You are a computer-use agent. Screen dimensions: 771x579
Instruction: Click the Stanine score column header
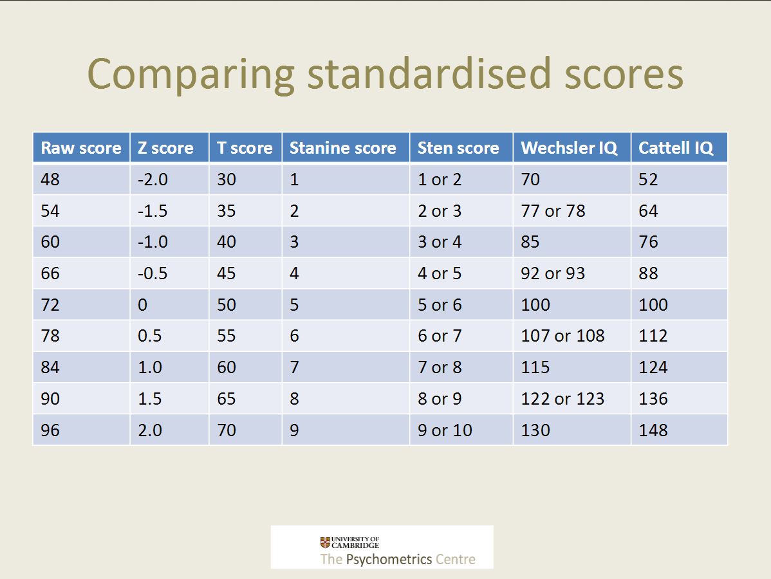coord(343,148)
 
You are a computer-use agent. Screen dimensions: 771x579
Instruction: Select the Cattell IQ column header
coord(676,148)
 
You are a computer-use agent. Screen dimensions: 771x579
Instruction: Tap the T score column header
coord(245,148)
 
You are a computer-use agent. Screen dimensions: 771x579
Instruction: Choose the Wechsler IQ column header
coord(569,148)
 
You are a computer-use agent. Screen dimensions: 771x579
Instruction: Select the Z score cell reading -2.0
coord(153,179)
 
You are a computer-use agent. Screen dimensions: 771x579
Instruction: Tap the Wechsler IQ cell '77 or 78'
coord(553,211)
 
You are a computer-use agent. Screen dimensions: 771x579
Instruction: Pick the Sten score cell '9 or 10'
coord(445,430)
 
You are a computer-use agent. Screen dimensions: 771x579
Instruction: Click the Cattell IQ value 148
coord(653,430)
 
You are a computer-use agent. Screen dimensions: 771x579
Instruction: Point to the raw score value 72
coord(50,305)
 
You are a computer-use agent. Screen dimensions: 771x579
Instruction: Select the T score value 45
coord(226,273)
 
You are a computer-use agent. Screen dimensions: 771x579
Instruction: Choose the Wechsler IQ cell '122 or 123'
coord(562,399)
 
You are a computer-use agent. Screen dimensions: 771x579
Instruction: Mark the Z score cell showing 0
coord(143,305)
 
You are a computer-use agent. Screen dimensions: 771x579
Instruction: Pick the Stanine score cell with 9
coord(294,430)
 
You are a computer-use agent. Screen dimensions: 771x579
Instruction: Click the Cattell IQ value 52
coord(648,179)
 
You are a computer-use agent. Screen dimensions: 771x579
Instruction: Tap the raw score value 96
coord(50,430)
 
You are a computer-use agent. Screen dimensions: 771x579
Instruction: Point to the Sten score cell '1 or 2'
coord(440,179)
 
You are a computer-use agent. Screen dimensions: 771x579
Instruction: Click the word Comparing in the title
coord(190,75)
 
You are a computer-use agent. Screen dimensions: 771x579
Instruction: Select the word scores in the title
coord(624,75)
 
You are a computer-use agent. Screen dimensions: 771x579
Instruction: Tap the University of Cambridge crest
coord(325,542)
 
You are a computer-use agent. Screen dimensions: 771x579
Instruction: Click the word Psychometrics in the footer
coord(389,559)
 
